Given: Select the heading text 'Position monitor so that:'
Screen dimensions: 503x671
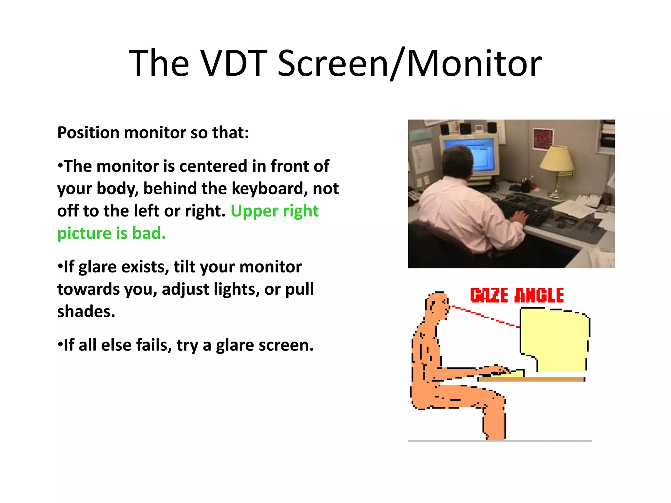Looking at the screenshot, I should pos(153,133).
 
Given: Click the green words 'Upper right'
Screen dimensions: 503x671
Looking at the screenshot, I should pos(275,211).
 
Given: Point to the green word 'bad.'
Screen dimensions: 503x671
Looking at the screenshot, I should pos(149,233).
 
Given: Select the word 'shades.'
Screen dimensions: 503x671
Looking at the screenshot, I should pos(86,311).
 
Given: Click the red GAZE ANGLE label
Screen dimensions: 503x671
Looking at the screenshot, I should pos(517,295).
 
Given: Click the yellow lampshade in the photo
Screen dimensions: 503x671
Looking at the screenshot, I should pos(557,158).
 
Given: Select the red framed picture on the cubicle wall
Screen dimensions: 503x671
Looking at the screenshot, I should pos(543,139).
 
